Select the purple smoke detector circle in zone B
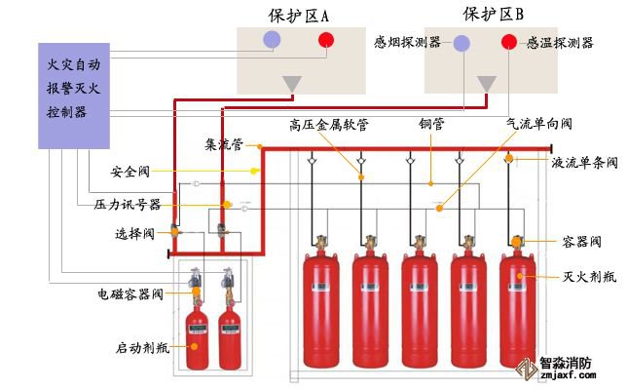tap(462, 43)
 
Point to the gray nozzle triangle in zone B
tap(485, 85)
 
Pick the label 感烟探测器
tap(407, 43)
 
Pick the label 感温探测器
tap(560, 43)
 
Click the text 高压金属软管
tap(328, 124)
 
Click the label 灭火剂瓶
tap(588, 277)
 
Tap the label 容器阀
tap(581, 241)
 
